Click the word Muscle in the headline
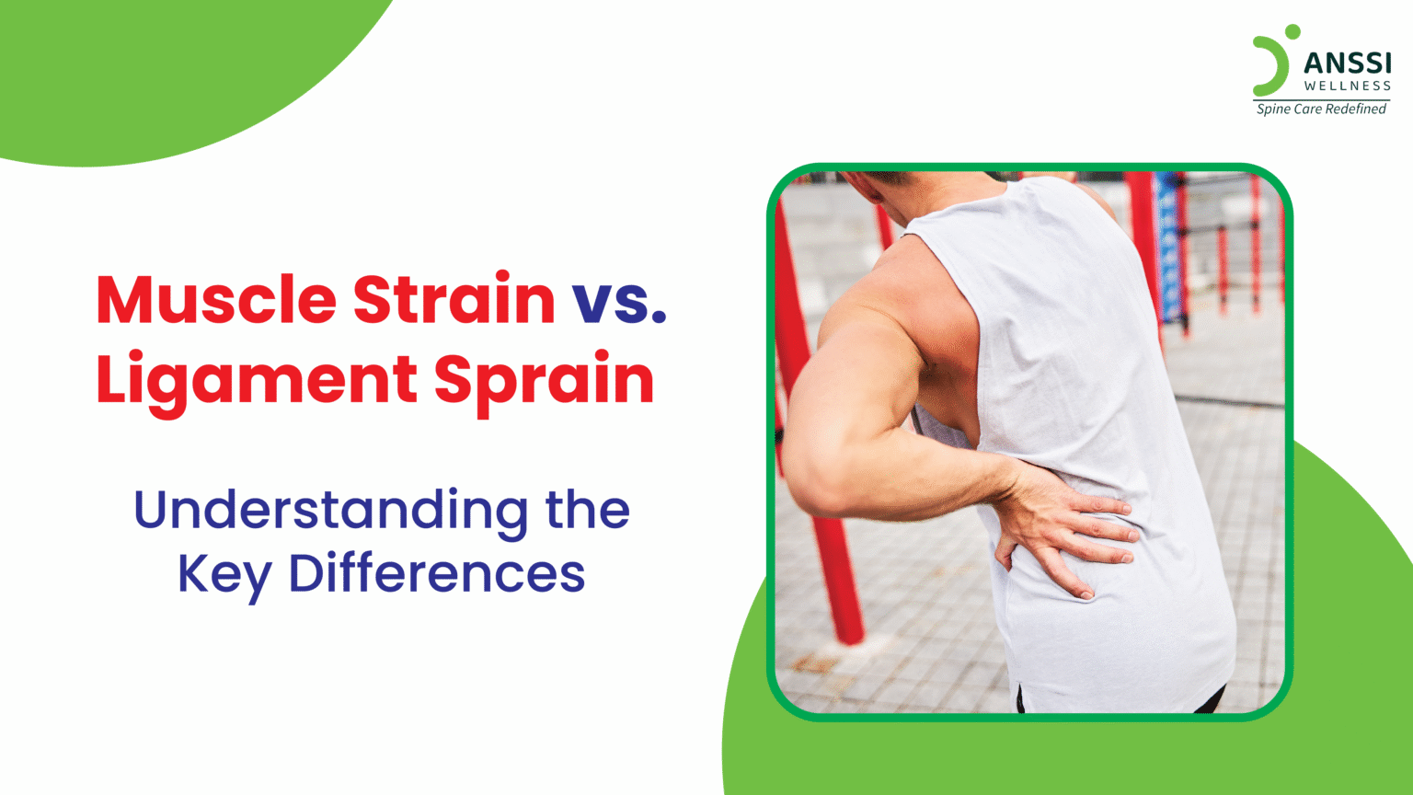click(216, 299)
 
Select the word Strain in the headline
click(454, 299)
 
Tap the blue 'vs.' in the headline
click(619, 299)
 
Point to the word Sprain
click(544, 380)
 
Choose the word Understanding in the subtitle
click(331, 510)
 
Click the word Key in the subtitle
click(224, 573)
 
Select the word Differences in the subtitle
click(437, 573)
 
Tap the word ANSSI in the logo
click(1348, 63)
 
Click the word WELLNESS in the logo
click(1348, 86)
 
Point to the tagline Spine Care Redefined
click(1321, 109)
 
